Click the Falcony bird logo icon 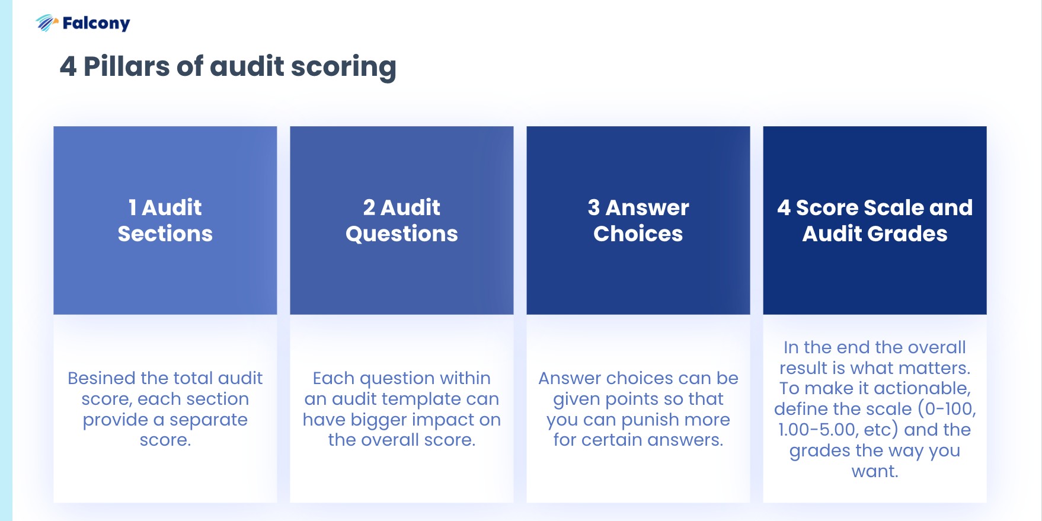tap(46, 23)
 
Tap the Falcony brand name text tap(96, 23)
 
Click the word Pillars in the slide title tap(126, 66)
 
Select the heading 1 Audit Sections tap(165, 220)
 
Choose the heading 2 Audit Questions tap(401, 220)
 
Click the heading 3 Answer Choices tap(638, 220)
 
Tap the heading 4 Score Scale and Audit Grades tap(874, 220)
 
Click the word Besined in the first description tap(101, 378)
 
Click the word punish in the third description tap(658, 420)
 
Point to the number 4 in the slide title tap(68, 66)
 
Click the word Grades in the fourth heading tap(907, 234)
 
